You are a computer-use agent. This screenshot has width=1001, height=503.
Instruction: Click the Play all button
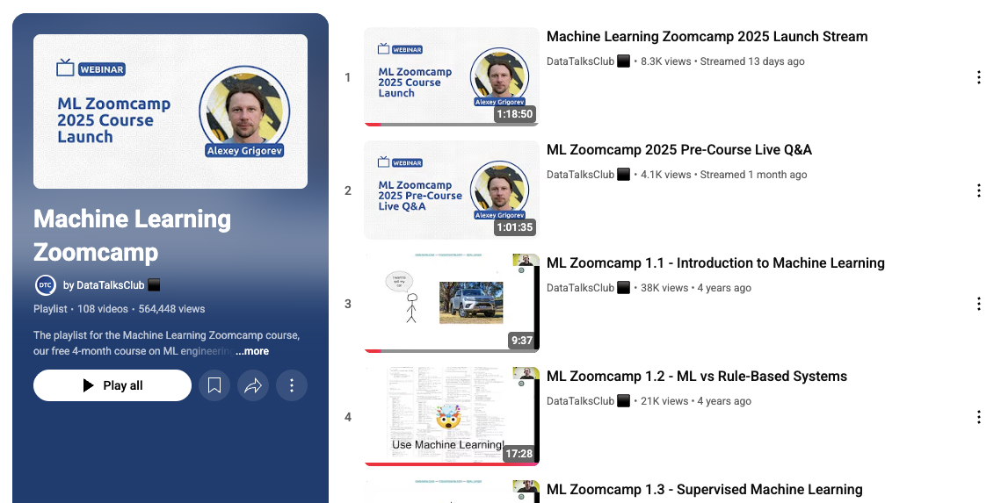pos(112,385)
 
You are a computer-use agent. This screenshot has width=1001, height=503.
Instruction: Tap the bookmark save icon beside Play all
pos(214,385)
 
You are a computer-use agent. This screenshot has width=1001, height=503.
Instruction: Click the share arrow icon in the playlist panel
pos(253,385)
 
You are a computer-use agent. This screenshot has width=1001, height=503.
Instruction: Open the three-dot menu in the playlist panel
pos(292,385)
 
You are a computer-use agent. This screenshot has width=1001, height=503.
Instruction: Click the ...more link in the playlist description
pos(252,351)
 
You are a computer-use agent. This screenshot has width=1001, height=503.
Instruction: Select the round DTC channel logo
pos(45,285)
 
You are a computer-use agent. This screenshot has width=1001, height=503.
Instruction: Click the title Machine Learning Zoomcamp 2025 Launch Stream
pos(707,37)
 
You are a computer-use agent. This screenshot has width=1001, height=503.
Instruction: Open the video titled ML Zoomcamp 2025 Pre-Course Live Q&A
pos(678,150)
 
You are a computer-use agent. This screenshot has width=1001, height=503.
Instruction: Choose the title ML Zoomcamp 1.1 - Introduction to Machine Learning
pos(715,263)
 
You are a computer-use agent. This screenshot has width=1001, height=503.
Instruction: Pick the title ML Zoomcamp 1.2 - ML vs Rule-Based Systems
pos(696,377)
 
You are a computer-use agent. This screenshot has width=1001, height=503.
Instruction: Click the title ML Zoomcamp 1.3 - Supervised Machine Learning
pos(704,490)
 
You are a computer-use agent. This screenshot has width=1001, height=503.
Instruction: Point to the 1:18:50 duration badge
pos(514,114)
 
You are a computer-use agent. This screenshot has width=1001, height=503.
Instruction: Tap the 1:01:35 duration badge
pos(514,227)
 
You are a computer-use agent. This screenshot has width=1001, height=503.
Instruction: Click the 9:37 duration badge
pos(520,341)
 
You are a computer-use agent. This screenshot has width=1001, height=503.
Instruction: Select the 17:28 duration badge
pos(518,454)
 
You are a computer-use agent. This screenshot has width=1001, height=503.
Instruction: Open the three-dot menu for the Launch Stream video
pos(979,77)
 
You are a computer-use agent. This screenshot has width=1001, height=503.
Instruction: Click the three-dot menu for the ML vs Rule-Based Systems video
pos(979,417)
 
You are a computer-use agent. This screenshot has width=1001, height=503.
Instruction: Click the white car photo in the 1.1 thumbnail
pos(470,301)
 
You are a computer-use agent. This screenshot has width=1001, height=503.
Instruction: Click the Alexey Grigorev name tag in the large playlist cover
pos(245,150)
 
